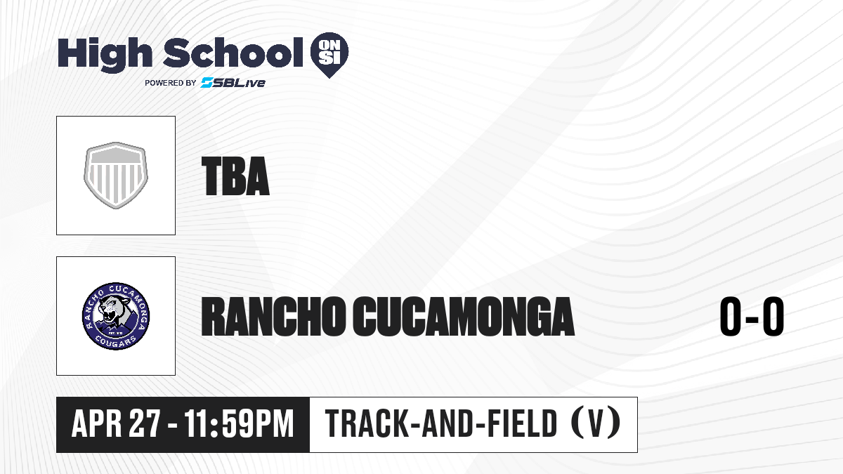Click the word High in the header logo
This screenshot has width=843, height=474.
tap(105, 54)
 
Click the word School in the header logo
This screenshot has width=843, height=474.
tap(233, 53)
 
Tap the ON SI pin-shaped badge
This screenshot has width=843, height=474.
tap(329, 55)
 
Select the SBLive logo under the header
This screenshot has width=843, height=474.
tap(233, 83)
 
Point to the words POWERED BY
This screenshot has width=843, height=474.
tap(171, 83)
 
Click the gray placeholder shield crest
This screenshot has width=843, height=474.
tap(116, 176)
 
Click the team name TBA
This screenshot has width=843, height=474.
tap(235, 176)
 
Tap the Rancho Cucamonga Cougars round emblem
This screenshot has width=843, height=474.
tap(116, 316)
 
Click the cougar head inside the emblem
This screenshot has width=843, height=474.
tap(115, 310)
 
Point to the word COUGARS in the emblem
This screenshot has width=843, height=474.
tap(115, 341)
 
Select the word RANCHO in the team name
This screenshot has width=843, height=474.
tap(273, 317)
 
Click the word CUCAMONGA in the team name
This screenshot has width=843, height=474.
tap(464, 317)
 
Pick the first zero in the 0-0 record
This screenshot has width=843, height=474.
tap(731, 316)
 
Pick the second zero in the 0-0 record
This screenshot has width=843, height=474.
tap(773, 316)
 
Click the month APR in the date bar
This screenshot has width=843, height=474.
tap(97, 424)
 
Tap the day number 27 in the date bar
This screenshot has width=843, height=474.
tap(145, 424)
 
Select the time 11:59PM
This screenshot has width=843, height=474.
tap(239, 424)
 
